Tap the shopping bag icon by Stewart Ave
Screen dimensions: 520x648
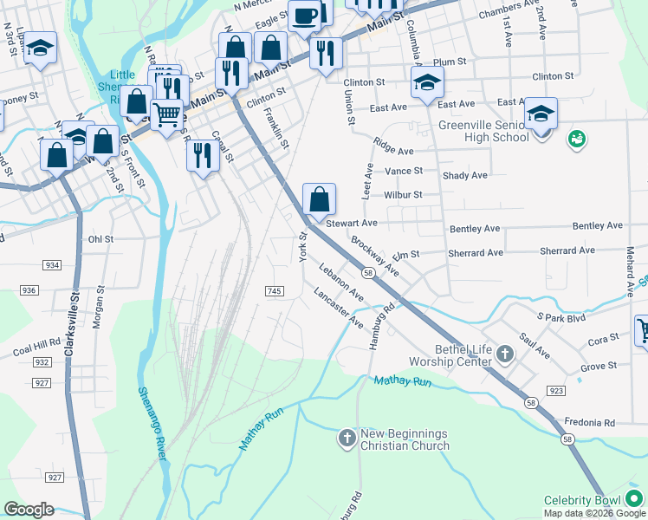tap(320, 198)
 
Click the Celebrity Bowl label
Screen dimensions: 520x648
tap(581, 501)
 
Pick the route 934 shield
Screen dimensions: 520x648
tap(54, 265)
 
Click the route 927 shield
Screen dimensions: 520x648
tap(55, 478)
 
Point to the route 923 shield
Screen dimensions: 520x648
tap(556, 392)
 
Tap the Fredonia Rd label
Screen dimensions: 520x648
tap(588, 423)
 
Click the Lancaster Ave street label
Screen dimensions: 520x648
tap(339, 309)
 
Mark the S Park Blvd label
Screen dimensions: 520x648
tap(562, 318)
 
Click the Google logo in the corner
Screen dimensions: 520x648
tap(29, 510)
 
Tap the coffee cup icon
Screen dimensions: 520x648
tap(304, 15)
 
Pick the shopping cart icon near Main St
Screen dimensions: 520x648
tap(167, 113)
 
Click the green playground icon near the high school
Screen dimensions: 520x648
tap(575, 138)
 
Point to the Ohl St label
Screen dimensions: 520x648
tap(100, 238)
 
